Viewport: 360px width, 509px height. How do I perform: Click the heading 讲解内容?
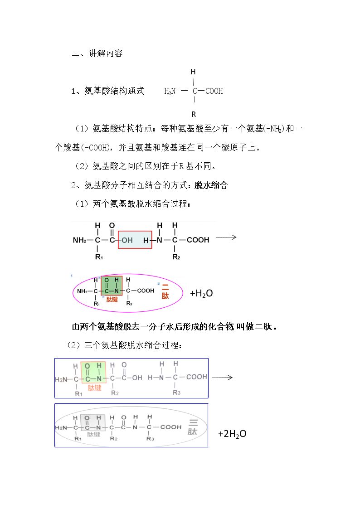pyautogui.click(x=106, y=53)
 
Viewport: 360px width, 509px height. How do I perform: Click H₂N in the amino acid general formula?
pyautogui.click(x=170, y=91)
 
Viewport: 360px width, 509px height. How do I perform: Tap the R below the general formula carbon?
pyautogui.click(x=194, y=114)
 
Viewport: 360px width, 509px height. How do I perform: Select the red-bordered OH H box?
pyautogui.click(x=135, y=240)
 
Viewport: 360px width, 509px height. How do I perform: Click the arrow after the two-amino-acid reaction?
pyautogui.click(x=226, y=238)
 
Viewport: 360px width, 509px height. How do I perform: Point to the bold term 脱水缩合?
pyautogui.click(x=211, y=185)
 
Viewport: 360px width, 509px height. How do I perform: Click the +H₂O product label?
pyautogui.click(x=201, y=293)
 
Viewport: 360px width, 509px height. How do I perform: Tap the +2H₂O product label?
pyautogui.click(x=232, y=434)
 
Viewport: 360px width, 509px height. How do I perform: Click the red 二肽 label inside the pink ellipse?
pyautogui.click(x=165, y=291)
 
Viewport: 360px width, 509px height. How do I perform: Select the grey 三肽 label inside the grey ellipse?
pyautogui.click(x=193, y=427)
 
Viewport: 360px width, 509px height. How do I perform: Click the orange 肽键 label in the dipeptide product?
pyautogui.click(x=112, y=299)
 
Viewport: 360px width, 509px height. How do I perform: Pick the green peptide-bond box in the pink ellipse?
pyautogui.click(x=112, y=286)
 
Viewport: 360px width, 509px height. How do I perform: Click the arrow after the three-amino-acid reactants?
pyautogui.click(x=222, y=378)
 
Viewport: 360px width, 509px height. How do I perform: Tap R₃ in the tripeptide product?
pyautogui.click(x=150, y=439)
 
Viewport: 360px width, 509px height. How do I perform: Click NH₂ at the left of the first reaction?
pyautogui.click(x=79, y=240)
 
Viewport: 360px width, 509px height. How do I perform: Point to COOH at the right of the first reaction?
pyautogui.click(x=198, y=240)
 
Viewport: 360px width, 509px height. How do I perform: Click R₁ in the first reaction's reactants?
pyautogui.click(x=99, y=257)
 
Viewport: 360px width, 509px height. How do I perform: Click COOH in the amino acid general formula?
pyautogui.click(x=214, y=91)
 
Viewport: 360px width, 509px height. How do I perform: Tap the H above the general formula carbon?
pyautogui.click(x=193, y=72)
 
